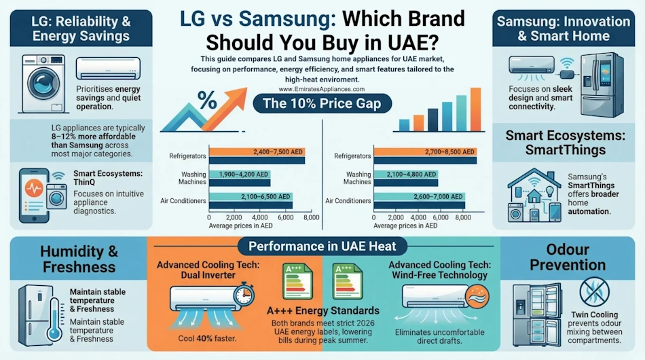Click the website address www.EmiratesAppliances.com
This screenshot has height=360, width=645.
322,89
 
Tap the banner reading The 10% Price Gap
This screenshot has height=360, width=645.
322,104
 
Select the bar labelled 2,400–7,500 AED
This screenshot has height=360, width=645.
257,152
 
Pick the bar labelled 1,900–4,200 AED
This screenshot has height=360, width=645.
240,174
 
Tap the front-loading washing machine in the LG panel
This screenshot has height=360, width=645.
43,84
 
